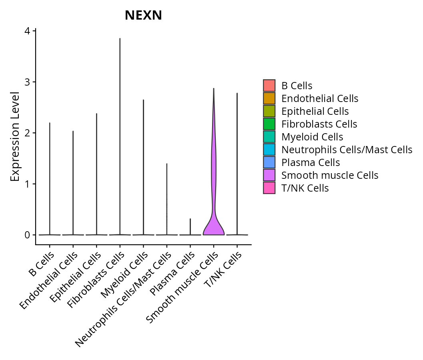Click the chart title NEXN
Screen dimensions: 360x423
click(x=143, y=15)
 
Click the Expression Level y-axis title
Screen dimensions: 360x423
click(x=15, y=136)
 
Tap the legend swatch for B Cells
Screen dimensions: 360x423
click(x=269, y=86)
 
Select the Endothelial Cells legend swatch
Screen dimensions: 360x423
click(x=269, y=98)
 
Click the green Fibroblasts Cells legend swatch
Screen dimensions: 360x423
click(x=269, y=124)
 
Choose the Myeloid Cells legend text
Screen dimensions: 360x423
click(x=312, y=137)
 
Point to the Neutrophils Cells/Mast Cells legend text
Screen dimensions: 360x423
click(x=347, y=150)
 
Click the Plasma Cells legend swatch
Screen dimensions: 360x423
click(x=269, y=162)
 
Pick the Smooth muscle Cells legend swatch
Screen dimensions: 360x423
click(x=269, y=175)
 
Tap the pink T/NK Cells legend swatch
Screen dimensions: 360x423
click(x=269, y=188)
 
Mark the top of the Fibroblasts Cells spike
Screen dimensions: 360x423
click(x=120, y=39)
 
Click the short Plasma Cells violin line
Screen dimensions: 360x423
click(x=190, y=226)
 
